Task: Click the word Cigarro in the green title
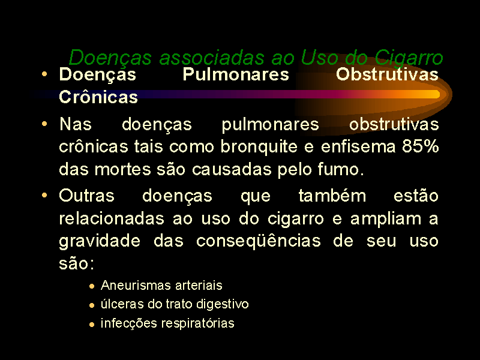409,58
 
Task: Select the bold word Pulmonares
236,74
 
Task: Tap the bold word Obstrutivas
387,74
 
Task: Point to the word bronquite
259,146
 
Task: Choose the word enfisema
358,146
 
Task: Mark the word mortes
123,169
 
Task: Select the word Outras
86,196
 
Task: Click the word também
332,196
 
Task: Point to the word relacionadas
112,218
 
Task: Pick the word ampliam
386,219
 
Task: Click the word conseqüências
259,241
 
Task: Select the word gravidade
100,241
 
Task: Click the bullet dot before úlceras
92,305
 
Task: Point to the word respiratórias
198,323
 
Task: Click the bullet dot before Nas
44,124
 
